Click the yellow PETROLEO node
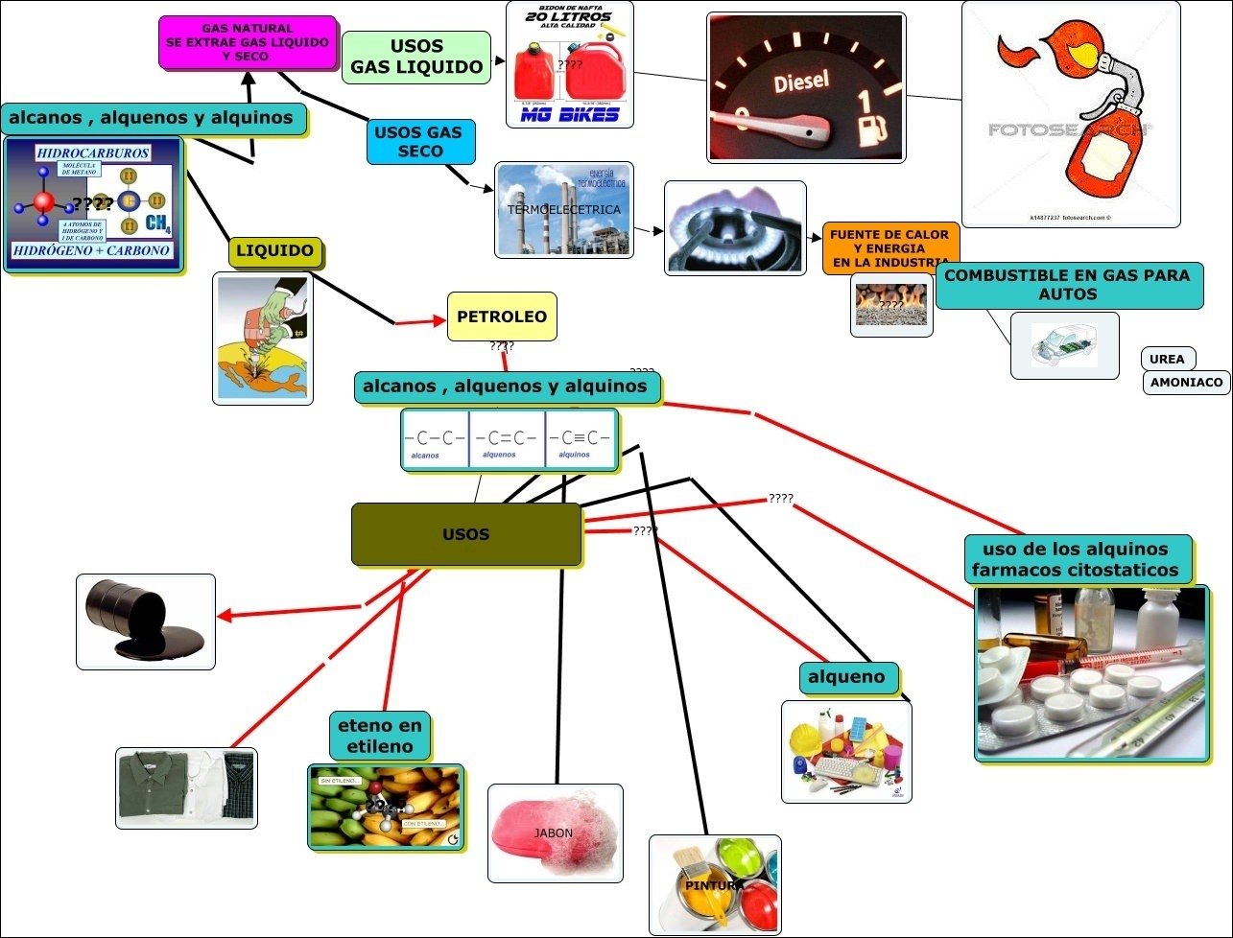pyautogui.click(x=502, y=317)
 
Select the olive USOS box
pyautogui.click(x=466, y=534)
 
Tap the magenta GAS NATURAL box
pyautogui.click(x=248, y=42)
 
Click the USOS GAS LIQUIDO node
pyautogui.click(x=416, y=57)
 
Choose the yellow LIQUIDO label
pyautogui.click(x=275, y=251)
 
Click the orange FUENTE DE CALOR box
pyautogui.click(x=889, y=248)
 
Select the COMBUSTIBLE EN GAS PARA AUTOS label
pyautogui.click(x=1067, y=285)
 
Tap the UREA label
pyautogui.click(x=1167, y=359)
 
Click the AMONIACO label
pyautogui.click(x=1186, y=382)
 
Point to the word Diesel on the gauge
pyautogui.click(x=801, y=81)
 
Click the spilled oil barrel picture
pyautogui.click(x=146, y=621)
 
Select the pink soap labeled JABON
pyautogui.click(x=555, y=832)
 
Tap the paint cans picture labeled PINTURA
pyautogui.click(x=715, y=884)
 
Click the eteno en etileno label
pyautogui.click(x=380, y=736)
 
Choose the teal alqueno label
pyautogui.click(x=846, y=677)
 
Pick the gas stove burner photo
pyautogui.click(x=735, y=227)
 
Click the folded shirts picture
pyautogui.click(x=187, y=787)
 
